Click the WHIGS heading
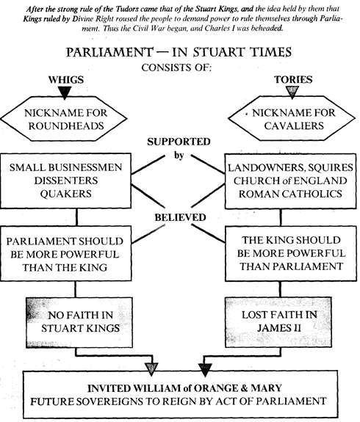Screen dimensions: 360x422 point(66,80)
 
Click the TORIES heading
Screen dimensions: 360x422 point(293,79)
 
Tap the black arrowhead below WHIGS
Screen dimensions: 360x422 point(65,92)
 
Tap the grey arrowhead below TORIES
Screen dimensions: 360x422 point(292,92)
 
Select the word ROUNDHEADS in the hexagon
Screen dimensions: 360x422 point(66,126)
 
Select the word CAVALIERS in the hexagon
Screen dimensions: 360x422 point(294,125)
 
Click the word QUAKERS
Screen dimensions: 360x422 point(66,194)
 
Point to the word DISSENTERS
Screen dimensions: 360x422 point(66,181)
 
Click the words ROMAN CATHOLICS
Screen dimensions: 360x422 point(290,194)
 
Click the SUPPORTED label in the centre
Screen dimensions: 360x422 point(179,142)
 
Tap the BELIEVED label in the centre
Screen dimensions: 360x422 point(180,217)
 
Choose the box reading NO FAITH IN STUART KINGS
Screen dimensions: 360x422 point(79,322)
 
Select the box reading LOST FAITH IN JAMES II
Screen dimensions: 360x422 point(278,321)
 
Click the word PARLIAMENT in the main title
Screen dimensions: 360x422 point(109,52)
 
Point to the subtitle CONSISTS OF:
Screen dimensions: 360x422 point(176,68)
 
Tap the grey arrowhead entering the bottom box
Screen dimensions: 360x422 point(151,368)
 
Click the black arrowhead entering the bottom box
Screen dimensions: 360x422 point(205,369)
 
